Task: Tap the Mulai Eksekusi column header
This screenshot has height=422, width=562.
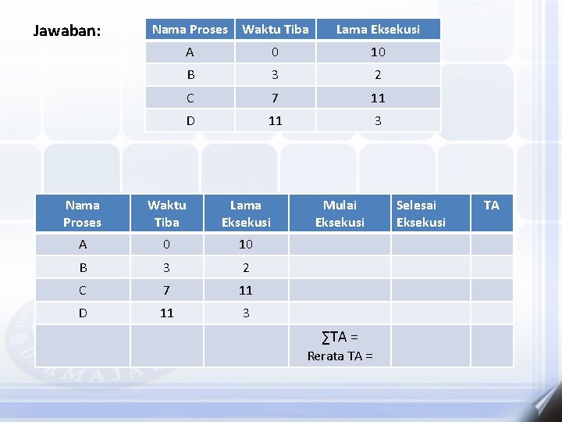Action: pyautogui.click(x=340, y=213)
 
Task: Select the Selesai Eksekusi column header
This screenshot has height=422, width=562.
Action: pyautogui.click(x=421, y=213)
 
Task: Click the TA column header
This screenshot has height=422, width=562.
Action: pyautogui.click(x=491, y=205)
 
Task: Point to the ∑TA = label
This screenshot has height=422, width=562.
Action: pyautogui.click(x=340, y=337)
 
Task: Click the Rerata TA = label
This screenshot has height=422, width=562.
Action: pyautogui.click(x=340, y=356)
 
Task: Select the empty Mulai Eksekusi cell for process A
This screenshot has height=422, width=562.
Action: pyautogui.click(x=340, y=244)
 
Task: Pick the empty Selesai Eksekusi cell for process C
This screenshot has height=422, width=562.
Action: pyautogui.click(x=430, y=290)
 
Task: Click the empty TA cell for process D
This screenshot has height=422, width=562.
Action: pyautogui.click(x=492, y=313)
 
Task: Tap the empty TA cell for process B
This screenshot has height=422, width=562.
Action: pyautogui.click(x=492, y=267)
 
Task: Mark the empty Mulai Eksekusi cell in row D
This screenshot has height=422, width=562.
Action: pyautogui.click(x=340, y=313)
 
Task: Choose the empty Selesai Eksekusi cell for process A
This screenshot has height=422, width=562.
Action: pyautogui.click(x=430, y=244)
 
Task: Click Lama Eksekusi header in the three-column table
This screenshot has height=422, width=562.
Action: pyautogui.click(x=378, y=30)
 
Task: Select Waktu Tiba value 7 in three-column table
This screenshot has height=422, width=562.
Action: pyautogui.click(x=275, y=98)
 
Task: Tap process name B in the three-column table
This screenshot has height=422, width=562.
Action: pyautogui.click(x=190, y=75)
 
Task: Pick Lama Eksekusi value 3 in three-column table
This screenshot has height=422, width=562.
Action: pyautogui.click(x=378, y=120)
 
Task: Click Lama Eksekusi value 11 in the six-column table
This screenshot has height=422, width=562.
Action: pyautogui.click(x=246, y=290)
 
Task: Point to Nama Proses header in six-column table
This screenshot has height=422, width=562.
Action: pyautogui.click(x=83, y=213)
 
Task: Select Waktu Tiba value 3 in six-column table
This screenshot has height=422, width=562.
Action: pyautogui.click(x=166, y=267)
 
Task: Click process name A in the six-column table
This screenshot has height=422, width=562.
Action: pyautogui.click(x=83, y=244)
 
